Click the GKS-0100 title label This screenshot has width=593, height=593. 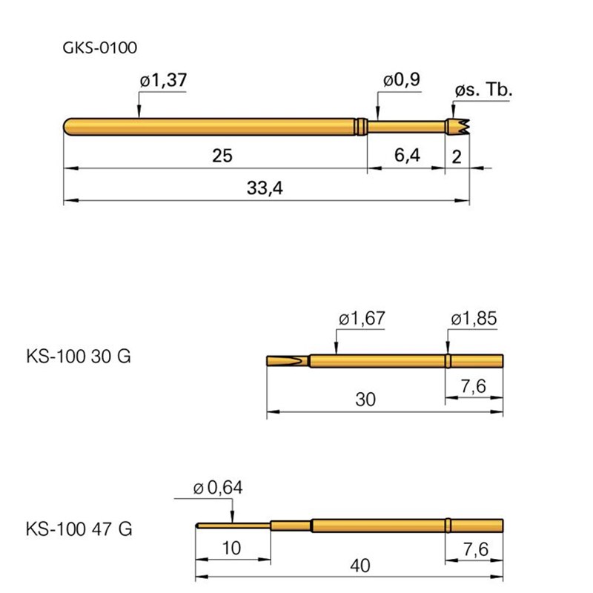click(x=99, y=48)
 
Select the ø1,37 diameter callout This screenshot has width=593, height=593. click(x=163, y=80)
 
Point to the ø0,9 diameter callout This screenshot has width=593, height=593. click(x=401, y=80)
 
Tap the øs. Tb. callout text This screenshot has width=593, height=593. click(x=483, y=90)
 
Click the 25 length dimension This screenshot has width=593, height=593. click(x=222, y=156)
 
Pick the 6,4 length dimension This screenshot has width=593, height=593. click(x=407, y=155)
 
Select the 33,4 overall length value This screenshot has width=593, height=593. click(x=265, y=188)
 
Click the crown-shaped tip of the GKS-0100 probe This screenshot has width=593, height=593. click(x=457, y=127)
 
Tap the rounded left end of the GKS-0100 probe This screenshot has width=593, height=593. click(x=68, y=127)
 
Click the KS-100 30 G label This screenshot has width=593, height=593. click(x=79, y=357)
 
